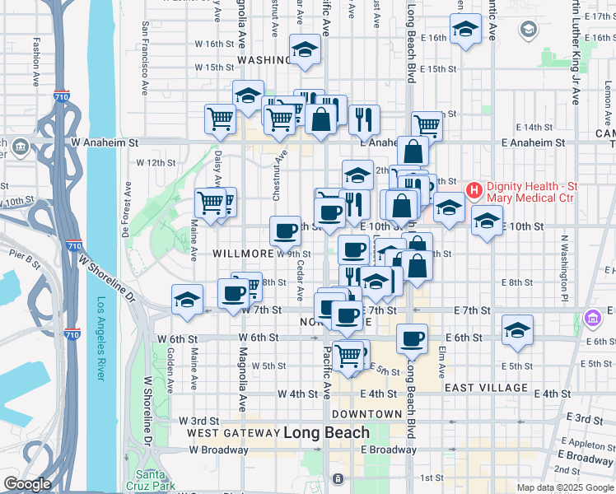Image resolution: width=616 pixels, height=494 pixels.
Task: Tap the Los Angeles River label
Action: click(x=101, y=338)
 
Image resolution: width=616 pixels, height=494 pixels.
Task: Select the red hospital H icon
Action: click(x=474, y=191)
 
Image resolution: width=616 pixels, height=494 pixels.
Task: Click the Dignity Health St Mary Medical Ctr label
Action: click(x=531, y=191)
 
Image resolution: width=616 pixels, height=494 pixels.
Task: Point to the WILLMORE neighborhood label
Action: click(x=242, y=254)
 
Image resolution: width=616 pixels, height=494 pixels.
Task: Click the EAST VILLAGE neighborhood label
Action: click(x=486, y=387)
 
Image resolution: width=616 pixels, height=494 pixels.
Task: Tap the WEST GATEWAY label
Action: click(x=233, y=433)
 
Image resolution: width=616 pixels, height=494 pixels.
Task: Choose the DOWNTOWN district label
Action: click(x=366, y=414)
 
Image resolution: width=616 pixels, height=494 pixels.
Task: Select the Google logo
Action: click(x=26, y=484)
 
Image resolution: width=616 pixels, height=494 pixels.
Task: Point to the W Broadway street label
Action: click(x=218, y=450)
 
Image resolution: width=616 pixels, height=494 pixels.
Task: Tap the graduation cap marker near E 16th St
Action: click(x=466, y=31)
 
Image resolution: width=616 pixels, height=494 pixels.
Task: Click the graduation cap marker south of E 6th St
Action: click(x=516, y=331)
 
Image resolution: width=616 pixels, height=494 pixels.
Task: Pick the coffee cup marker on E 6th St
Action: click(x=412, y=337)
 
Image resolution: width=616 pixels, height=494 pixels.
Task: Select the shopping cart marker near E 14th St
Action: click(x=427, y=124)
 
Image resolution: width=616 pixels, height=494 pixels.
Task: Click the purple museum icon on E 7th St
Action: click(x=591, y=317)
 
